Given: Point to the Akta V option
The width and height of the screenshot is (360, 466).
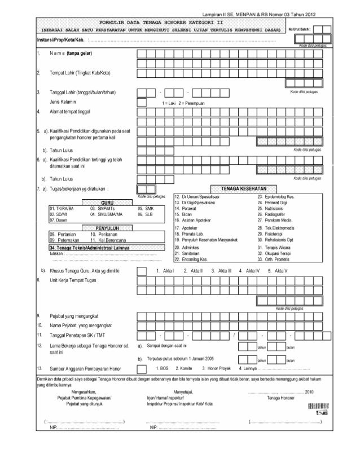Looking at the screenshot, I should pos(278,271).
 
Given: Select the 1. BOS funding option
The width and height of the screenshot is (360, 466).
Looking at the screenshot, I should pos(161,368).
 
